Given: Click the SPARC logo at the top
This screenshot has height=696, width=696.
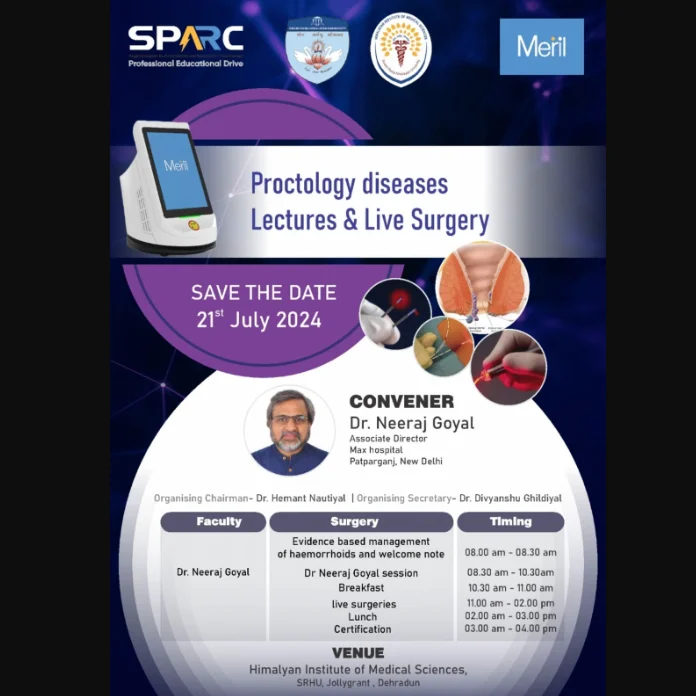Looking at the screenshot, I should pyautogui.click(x=185, y=40).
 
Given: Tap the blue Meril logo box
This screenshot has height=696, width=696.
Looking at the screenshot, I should pyautogui.click(x=541, y=47).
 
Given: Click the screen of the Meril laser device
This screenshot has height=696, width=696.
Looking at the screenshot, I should pyautogui.click(x=175, y=169).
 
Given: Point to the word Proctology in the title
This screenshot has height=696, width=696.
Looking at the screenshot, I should pyautogui.click(x=301, y=185).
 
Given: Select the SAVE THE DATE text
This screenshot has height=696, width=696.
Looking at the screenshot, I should pyautogui.click(x=264, y=294).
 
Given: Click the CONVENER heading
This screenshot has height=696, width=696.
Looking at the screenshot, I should pyautogui.click(x=401, y=401).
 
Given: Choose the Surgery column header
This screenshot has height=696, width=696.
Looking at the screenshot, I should pyautogui.click(x=354, y=522).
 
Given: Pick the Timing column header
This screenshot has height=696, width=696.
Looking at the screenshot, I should pyautogui.click(x=510, y=522).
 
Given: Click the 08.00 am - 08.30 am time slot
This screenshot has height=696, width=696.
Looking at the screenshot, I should pyautogui.click(x=511, y=552).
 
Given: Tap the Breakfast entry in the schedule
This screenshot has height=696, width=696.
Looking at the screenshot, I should pyautogui.click(x=361, y=588).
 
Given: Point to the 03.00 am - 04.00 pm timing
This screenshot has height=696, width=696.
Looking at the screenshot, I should pyautogui.click(x=511, y=629).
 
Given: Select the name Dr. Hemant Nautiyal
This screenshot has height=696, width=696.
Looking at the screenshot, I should pyautogui.click(x=300, y=498).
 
